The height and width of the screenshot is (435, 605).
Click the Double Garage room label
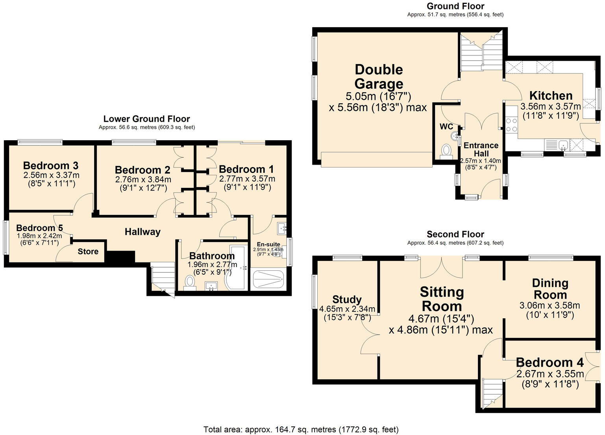tap(379, 77)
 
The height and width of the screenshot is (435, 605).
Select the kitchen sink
tap(563, 145)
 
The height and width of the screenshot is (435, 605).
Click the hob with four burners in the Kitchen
tap(511, 125)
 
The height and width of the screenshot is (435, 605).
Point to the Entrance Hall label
tap(481, 149)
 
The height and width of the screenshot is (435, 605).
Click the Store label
tap(88, 251)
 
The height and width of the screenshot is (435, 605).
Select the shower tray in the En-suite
tap(268, 279)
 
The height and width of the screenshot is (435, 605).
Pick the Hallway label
tap(142, 232)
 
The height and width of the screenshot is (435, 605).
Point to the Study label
tap(347, 299)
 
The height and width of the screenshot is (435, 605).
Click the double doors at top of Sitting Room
tap(441, 267)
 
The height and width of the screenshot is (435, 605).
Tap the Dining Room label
tap(550, 289)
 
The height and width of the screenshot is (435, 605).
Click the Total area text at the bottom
tap(301, 429)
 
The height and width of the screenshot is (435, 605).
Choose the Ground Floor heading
tap(455, 6)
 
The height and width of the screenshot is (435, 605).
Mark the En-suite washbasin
tap(282, 227)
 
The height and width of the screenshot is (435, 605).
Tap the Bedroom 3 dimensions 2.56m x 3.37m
tap(51, 175)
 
